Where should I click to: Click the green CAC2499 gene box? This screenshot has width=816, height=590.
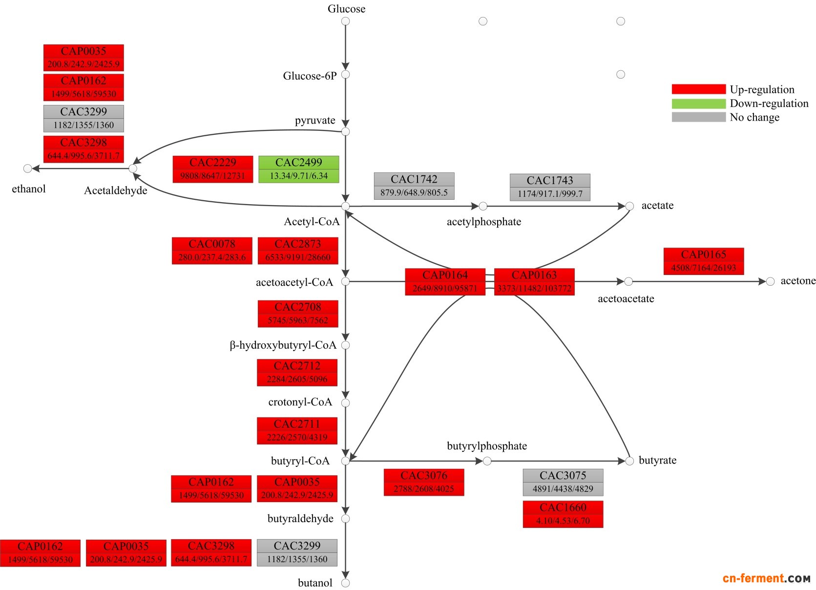298,169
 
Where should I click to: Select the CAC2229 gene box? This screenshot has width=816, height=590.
213,169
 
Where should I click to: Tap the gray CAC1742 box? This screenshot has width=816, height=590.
414,186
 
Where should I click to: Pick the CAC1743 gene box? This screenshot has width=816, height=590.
550,187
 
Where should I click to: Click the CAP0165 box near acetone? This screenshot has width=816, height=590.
704,261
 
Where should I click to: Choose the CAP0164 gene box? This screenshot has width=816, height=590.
445,282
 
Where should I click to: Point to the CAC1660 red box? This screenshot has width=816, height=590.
563,514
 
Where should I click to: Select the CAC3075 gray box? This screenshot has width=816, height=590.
563,483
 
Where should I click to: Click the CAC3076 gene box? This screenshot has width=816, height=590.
424,483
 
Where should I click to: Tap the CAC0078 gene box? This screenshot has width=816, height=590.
212,251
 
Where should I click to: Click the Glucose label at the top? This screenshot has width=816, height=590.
346,9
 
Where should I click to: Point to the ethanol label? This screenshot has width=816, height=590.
29,189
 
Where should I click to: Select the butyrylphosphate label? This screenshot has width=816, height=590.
487,446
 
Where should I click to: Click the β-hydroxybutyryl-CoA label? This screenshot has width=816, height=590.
283,345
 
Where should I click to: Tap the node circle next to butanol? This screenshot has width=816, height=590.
345,583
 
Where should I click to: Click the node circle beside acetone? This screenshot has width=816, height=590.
770,281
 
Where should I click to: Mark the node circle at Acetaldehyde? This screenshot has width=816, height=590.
133,169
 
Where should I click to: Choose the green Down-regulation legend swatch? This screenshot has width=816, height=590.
698,104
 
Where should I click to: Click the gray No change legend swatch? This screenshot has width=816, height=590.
698,117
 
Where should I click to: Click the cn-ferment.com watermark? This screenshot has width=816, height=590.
766,579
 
